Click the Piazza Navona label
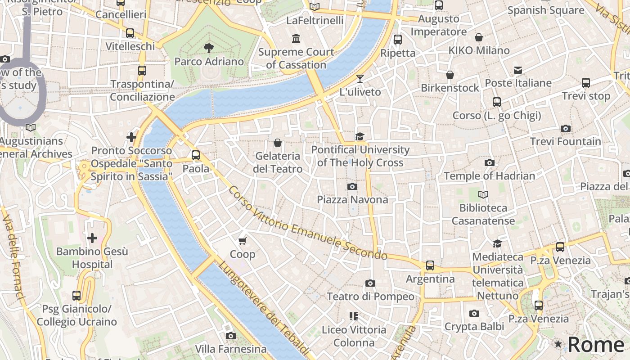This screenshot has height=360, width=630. click(352, 199)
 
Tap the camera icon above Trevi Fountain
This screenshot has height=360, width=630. click(566, 129)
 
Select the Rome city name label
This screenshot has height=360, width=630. click(596, 345)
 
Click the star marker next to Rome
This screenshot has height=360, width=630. click(558, 344)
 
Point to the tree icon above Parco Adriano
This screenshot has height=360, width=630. click(209, 48)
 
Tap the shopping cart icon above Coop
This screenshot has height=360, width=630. click(243, 241)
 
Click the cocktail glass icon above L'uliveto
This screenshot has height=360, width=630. click(360, 79)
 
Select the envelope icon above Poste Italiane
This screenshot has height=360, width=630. click(518, 70)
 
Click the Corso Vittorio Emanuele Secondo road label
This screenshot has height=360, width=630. click(307, 223)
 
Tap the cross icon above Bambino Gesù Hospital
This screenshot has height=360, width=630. click(92, 238)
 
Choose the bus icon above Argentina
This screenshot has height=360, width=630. click(430, 265)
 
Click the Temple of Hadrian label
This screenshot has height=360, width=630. click(490, 176)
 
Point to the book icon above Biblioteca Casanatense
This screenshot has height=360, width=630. click(483, 194)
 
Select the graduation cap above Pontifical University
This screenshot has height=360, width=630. click(360, 136)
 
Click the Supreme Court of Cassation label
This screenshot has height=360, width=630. click(296, 58)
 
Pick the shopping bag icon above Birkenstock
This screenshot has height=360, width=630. click(450, 75)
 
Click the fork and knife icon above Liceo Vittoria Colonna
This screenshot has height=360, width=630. click(354, 316)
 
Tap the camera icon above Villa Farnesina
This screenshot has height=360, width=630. click(230, 336)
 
